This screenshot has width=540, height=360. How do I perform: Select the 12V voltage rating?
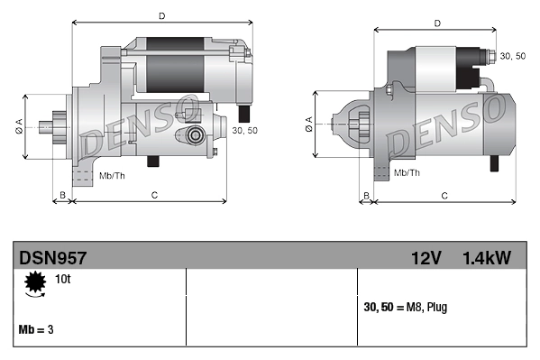425,258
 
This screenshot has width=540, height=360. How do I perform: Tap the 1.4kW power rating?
486,258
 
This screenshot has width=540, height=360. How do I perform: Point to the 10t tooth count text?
62,280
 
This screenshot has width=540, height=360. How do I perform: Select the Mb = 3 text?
36,329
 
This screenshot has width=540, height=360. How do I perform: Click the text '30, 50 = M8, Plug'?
405,307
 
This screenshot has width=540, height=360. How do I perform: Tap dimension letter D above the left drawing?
161,15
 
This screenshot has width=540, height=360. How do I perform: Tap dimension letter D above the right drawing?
436,23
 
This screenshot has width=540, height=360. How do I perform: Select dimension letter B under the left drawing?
61,195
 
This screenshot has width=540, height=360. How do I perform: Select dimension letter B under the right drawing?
365,195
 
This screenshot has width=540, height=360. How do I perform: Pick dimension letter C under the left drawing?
154,195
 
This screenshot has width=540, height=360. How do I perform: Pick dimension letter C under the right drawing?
444,195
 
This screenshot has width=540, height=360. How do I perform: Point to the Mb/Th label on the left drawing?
112,174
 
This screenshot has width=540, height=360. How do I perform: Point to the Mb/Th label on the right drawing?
408,171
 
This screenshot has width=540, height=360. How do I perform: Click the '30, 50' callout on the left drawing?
244,131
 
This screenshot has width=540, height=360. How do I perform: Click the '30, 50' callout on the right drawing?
513,56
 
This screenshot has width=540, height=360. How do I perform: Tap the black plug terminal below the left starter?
243,115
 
